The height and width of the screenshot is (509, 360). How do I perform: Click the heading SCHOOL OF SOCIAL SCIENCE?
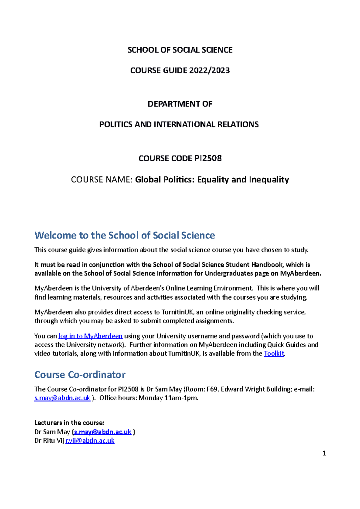180,50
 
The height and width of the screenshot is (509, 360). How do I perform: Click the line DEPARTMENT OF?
180,104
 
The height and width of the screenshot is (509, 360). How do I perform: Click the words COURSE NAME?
102,180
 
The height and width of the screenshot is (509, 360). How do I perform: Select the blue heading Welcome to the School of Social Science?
124,235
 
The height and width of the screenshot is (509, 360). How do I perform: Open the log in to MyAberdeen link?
90,336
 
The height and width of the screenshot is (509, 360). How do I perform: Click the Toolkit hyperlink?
274,354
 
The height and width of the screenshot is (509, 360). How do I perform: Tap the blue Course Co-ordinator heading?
80,375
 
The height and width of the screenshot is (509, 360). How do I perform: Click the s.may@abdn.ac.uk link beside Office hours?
62,398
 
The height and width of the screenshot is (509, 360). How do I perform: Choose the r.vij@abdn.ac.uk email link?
90,441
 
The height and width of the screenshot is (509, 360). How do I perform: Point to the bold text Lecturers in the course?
69,423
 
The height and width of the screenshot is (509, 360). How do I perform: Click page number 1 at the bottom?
324,453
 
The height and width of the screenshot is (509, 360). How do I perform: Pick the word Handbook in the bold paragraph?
267,265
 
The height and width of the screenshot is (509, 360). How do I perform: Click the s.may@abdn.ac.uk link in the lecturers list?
103,432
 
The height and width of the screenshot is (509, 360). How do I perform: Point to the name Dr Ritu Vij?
49,441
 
